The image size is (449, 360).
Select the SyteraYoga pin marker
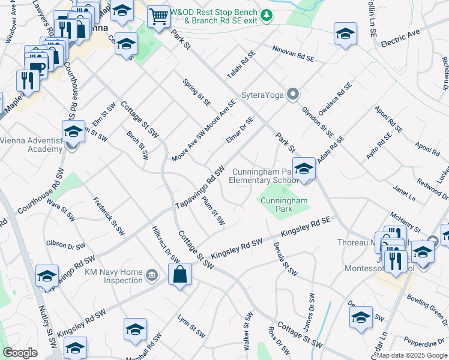[292, 94]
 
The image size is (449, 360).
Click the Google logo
[20, 352]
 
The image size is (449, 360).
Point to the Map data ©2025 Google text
[411, 355]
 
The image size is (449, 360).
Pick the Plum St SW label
[213, 211]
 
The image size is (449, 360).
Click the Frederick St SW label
[108, 214]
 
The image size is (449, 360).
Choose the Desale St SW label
[285, 259]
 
